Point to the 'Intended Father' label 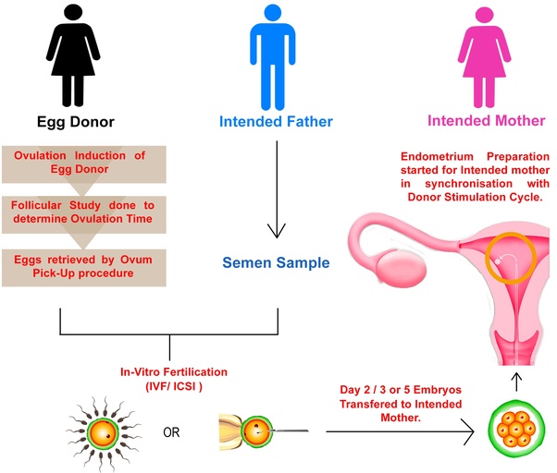(276, 121)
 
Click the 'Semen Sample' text (276, 262)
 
